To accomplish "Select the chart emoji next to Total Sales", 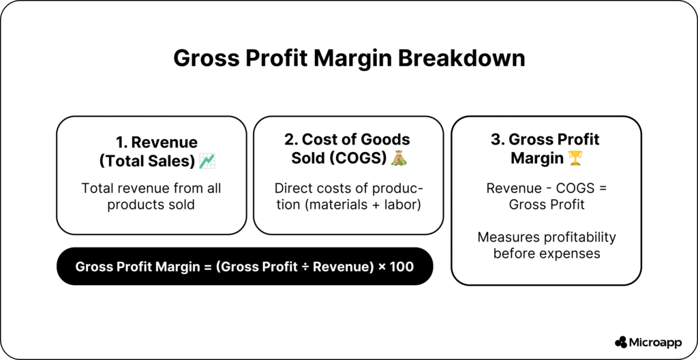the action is pyautogui.click(x=207, y=161).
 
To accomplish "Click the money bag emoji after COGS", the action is pyautogui.click(x=399, y=158).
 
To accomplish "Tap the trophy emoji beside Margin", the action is pyautogui.click(x=575, y=158).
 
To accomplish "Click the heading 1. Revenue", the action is pyautogui.click(x=157, y=142).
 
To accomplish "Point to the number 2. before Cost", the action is pyautogui.click(x=291, y=140).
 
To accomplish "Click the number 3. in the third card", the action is pyautogui.click(x=498, y=140).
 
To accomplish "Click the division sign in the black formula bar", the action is pyautogui.click(x=305, y=267).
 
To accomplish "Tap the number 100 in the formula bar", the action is pyautogui.click(x=401, y=267).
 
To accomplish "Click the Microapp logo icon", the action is pyautogui.click(x=621, y=342).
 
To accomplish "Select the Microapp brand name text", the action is pyautogui.click(x=656, y=343).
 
